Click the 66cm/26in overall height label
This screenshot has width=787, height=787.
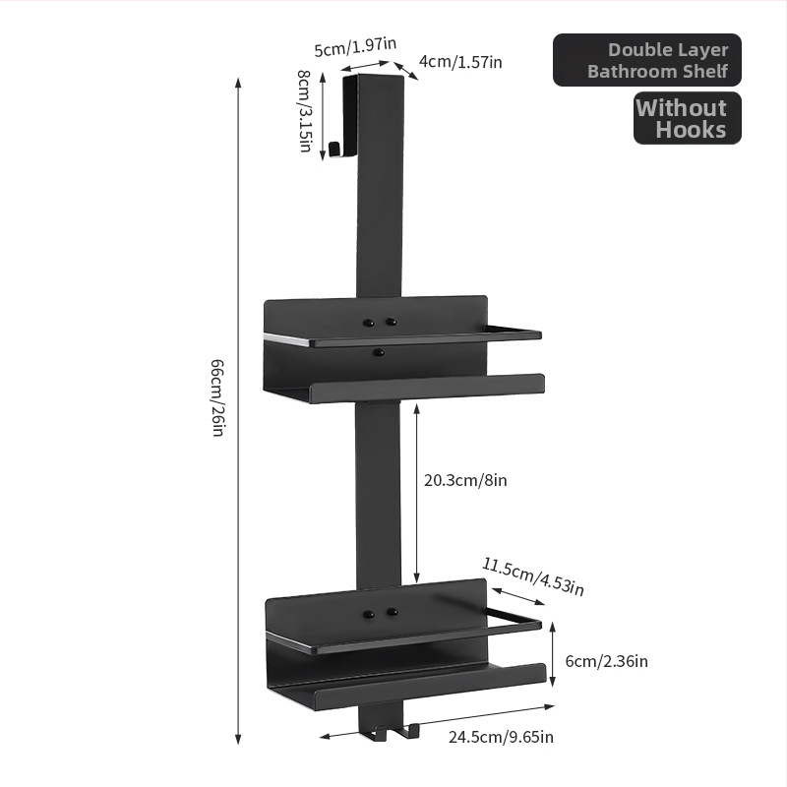click(x=217, y=397)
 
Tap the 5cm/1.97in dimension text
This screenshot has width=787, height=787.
click(x=355, y=46)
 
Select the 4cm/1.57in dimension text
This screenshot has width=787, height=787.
click(x=460, y=62)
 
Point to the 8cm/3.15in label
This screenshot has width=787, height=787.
click(x=304, y=110)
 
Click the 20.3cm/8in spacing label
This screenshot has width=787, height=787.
click(x=465, y=480)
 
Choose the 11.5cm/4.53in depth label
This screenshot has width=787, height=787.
click(x=533, y=576)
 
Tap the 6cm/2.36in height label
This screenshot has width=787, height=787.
click(x=606, y=661)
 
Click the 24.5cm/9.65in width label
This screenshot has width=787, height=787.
click(x=501, y=737)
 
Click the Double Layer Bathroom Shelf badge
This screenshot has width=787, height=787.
click(x=647, y=60)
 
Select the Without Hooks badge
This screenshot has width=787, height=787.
click(x=687, y=118)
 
